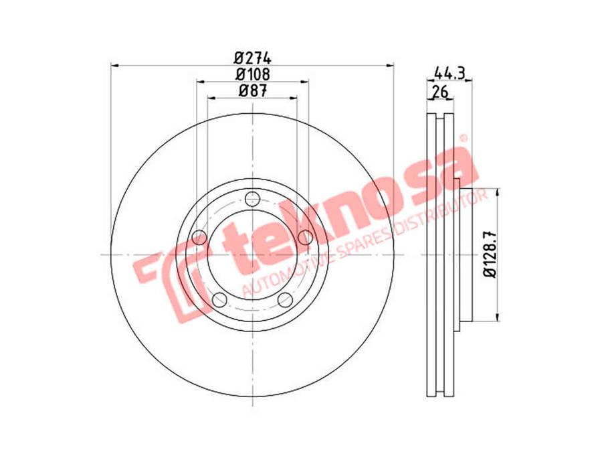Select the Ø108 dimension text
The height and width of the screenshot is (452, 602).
pos(252,74)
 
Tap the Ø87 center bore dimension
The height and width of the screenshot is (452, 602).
pos(252,92)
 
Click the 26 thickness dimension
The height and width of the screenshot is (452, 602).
pos(439,92)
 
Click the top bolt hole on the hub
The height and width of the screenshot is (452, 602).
pos(252,198)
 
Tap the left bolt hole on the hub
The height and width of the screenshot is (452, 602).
pos(199,237)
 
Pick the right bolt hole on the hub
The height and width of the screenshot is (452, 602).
pos(306,237)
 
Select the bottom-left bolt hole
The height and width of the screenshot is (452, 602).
pos(219,299)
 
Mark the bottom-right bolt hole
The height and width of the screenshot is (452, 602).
pos(285,299)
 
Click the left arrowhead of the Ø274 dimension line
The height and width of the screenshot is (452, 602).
pos(114,65)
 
